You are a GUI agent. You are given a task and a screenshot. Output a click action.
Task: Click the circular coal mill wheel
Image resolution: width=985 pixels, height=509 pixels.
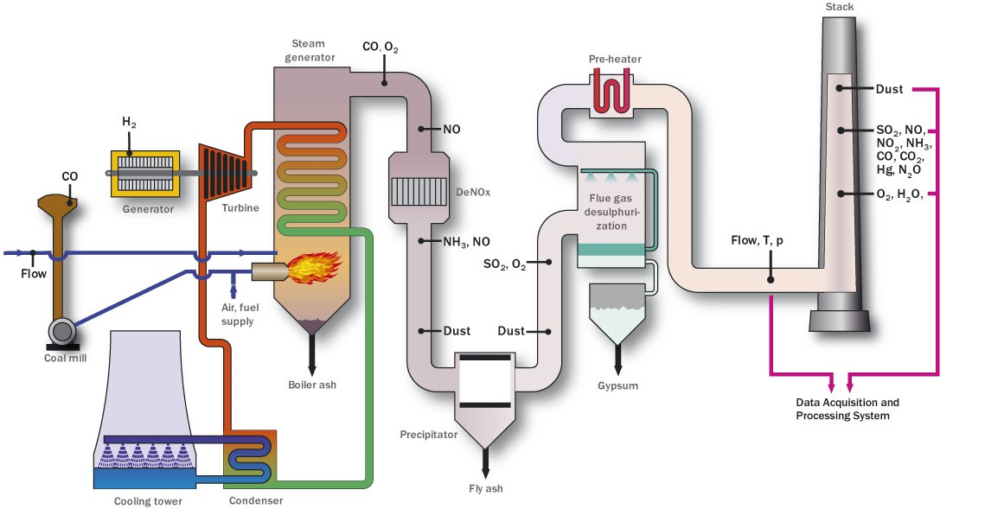(x=63, y=331)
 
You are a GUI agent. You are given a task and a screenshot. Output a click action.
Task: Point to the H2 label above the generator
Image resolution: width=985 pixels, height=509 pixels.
(x=129, y=124)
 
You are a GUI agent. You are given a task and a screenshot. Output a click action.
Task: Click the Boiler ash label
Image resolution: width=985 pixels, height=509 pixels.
(x=312, y=385)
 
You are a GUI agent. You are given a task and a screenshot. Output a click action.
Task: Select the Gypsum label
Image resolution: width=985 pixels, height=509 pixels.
(x=617, y=385)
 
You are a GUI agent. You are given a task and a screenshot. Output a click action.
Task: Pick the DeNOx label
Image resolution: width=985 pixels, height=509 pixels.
(x=472, y=193)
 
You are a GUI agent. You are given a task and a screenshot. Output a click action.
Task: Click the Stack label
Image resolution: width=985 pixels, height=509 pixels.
(x=839, y=7)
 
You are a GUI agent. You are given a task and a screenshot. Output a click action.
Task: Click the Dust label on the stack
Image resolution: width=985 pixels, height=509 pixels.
(x=890, y=89)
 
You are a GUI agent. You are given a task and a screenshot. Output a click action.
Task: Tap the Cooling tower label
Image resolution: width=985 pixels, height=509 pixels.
(x=148, y=501)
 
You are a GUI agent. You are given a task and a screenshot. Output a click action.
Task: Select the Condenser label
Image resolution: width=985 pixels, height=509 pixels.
(x=255, y=500)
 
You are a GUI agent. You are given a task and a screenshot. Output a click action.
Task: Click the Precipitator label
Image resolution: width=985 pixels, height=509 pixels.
(x=428, y=435)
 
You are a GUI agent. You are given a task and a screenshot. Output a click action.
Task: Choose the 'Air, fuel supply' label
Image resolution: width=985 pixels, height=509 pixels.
(x=238, y=315)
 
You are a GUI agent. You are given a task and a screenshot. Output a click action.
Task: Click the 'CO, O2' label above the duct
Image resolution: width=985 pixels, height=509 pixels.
(x=381, y=47)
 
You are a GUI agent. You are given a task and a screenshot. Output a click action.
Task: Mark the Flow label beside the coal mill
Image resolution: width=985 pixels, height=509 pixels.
(x=34, y=274)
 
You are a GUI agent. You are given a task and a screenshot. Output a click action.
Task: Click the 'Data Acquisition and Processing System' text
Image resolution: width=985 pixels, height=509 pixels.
(x=847, y=409)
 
